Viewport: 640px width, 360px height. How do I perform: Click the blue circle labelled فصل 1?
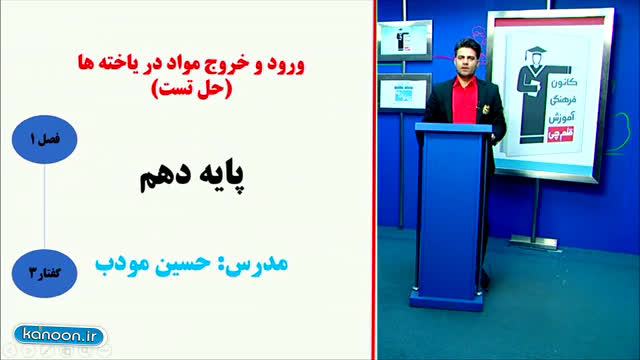[x=44, y=140]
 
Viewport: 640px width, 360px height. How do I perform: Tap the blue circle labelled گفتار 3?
[x=44, y=273]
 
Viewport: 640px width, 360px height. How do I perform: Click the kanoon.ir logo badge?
[x=60, y=336]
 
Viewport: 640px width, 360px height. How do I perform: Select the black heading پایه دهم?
[x=192, y=176]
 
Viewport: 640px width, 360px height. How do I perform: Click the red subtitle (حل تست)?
[x=191, y=88]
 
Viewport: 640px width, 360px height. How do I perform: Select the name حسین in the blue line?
[x=183, y=263]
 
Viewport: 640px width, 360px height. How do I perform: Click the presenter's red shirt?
[x=464, y=100]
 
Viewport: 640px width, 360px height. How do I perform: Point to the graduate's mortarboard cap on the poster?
[x=535, y=53]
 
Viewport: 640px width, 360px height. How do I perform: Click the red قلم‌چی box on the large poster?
[x=561, y=134]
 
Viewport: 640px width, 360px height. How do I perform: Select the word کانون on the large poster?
[x=564, y=82]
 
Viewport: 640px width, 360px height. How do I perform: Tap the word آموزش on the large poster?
[x=561, y=117]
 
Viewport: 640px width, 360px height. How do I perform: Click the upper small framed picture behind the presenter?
[x=404, y=40]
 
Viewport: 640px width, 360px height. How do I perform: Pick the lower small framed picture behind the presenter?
[x=404, y=93]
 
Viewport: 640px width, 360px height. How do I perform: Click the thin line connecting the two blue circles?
[x=44, y=207]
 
